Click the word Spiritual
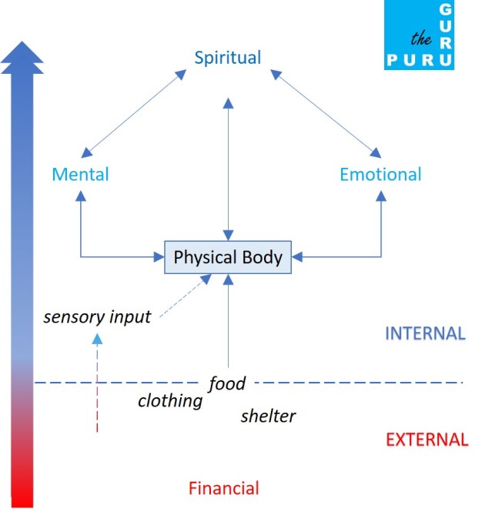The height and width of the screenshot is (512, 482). (227, 58)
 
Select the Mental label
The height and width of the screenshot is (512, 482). (80, 174)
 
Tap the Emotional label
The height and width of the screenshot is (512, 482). (380, 174)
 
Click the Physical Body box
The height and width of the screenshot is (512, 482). (228, 256)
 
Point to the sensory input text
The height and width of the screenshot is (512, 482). (97, 316)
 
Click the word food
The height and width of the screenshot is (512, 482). (227, 383)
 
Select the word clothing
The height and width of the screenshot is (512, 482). (170, 400)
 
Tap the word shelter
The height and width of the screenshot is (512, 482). (268, 417)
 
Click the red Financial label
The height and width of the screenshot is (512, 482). (224, 487)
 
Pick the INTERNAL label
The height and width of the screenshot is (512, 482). (425, 334)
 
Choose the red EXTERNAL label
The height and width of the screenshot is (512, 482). (427, 440)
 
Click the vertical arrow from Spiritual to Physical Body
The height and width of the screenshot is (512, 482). (227, 169)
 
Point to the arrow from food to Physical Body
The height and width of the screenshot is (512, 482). (228, 323)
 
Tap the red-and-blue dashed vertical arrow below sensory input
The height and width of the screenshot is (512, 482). (97, 385)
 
